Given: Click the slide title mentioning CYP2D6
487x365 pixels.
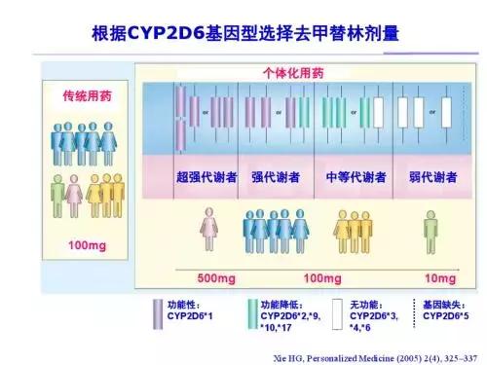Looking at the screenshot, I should (x=244, y=34).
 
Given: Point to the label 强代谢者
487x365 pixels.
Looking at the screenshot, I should (x=276, y=178).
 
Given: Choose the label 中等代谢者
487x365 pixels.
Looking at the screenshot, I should (x=356, y=178).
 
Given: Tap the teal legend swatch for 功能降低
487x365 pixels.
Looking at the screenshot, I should (x=250, y=310).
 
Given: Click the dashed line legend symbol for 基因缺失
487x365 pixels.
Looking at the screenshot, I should (x=415, y=310).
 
